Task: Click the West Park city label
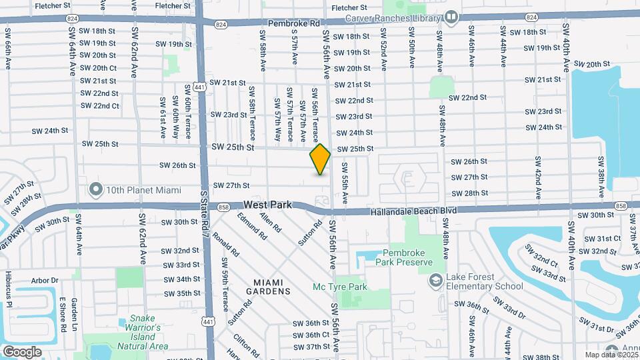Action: coord(267,205)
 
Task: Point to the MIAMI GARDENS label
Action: coord(268,287)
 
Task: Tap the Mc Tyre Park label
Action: coord(340,287)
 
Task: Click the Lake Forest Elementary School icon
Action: coord(437,280)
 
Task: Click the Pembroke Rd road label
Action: coord(293,23)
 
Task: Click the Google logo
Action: coord(23,351)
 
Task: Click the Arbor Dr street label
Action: coord(45,281)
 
